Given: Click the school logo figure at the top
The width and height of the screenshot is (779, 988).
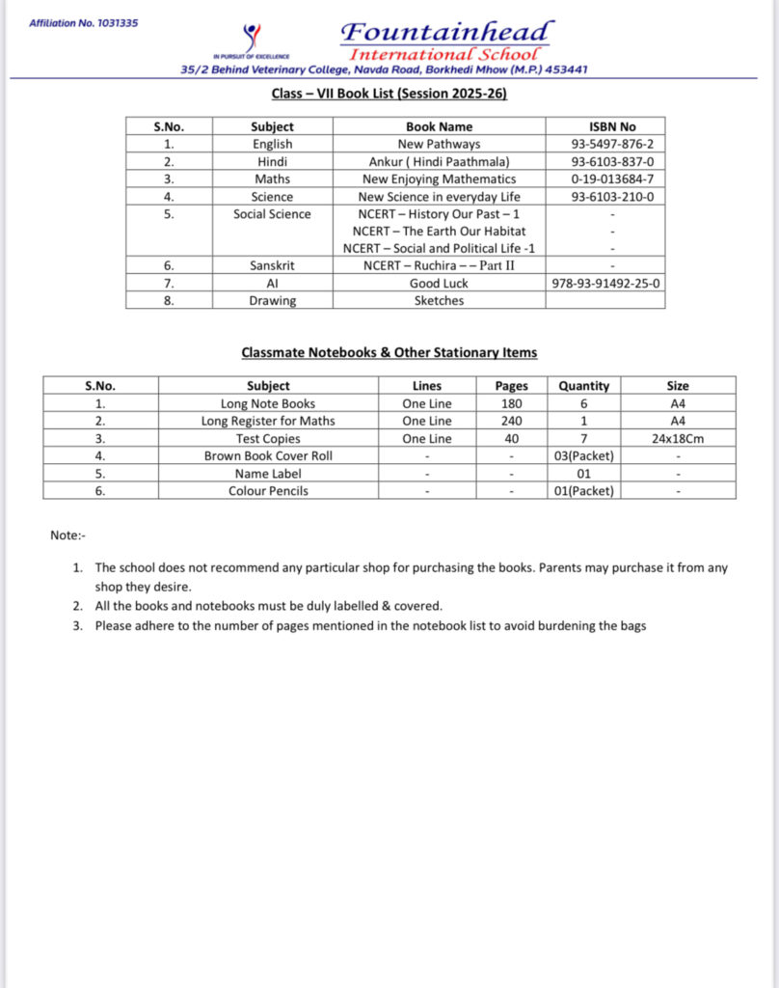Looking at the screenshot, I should click(x=252, y=38).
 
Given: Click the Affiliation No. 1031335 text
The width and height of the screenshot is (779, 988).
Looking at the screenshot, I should click(x=83, y=22).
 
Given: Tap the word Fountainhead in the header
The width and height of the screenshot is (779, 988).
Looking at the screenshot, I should click(x=447, y=31).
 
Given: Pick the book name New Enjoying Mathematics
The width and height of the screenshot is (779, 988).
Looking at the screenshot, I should click(x=439, y=178).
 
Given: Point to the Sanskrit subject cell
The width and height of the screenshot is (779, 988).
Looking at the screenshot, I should click(x=272, y=265).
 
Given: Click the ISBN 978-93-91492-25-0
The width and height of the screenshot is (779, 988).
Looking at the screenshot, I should click(x=605, y=283).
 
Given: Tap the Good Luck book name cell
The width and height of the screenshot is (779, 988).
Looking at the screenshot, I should click(x=439, y=283).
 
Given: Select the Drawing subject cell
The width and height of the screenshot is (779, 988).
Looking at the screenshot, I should click(x=272, y=300).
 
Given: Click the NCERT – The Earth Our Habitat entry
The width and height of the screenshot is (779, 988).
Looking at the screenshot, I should click(x=439, y=231).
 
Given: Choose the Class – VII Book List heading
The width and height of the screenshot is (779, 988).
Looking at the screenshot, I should click(x=389, y=94).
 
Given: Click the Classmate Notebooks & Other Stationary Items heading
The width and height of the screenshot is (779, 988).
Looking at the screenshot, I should click(x=389, y=352).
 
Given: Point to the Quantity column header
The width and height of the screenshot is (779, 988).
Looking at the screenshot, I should click(x=584, y=386).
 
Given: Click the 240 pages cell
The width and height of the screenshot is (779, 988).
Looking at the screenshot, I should click(x=511, y=421).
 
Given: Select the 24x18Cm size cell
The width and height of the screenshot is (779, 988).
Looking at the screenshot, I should click(x=678, y=438).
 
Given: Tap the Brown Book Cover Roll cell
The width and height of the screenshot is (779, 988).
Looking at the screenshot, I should click(x=268, y=455).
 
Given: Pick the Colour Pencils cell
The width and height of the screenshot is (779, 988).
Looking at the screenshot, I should click(x=268, y=490).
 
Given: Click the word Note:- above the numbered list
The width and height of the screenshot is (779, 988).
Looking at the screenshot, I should click(x=68, y=535).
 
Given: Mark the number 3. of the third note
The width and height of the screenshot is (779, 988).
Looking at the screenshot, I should click(x=78, y=625).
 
